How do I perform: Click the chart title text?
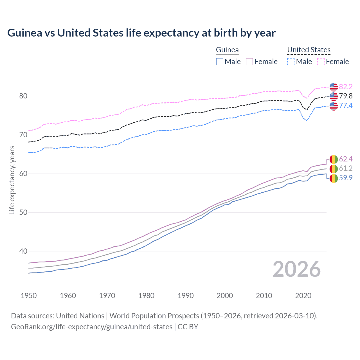point(141,33)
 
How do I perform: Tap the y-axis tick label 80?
point(23,96)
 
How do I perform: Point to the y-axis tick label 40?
point(23,251)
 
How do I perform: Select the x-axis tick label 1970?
point(107,296)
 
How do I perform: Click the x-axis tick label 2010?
point(264,296)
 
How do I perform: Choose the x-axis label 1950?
point(29,296)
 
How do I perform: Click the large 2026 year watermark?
point(296,269)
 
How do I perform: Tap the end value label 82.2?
point(346,87)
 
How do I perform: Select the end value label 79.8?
point(346,96)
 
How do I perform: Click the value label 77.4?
point(346,105)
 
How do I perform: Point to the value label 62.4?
point(346,159)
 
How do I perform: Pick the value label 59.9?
point(346,178)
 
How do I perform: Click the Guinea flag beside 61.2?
point(333,169)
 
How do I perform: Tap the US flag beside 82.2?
point(333,87)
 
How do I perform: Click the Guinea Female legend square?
point(249,62)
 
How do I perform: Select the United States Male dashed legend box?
point(291,62)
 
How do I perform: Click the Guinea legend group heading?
point(227,50)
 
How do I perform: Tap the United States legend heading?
point(309,50)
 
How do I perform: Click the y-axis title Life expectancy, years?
point(12,180)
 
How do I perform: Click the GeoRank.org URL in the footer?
point(92,327)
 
